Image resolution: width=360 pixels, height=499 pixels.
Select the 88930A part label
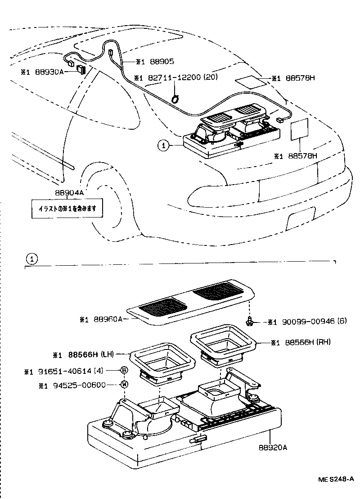coord(50,71)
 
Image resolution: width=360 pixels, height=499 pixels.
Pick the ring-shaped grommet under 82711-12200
coord(175,97)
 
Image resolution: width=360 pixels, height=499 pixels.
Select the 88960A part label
coord(108,319)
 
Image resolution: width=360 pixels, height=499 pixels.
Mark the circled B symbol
coord(123,370)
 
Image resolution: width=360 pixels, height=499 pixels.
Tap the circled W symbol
coord(123,384)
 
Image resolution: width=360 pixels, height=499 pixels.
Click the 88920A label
coord(273,447)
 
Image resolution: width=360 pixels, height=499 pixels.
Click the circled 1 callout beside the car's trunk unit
coord(163,145)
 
